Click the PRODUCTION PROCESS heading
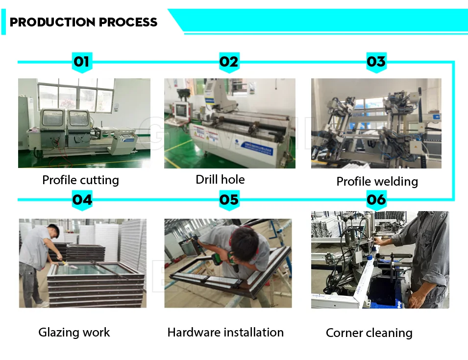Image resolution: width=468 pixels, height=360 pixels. [x=83, y=22]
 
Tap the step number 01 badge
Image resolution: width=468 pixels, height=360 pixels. [x=82, y=62]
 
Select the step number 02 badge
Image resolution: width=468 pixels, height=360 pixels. [x=228, y=62]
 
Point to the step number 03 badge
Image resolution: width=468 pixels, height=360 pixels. [x=376, y=62]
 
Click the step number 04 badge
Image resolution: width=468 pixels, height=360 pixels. [x=82, y=200]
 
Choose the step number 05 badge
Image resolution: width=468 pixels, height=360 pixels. [x=228, y=200]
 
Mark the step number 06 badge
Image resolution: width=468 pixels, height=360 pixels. [x=376, y=200]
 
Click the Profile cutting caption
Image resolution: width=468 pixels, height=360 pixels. [x=80, y=180]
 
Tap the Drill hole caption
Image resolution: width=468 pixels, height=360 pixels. [x=220, y=179]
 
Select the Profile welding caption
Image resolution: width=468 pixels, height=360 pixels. [x=377, y=182]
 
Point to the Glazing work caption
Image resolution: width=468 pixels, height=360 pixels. [x=74, y=333]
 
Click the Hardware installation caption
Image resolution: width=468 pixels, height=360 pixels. [x=225, y=333]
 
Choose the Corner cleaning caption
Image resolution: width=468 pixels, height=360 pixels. [x=369, y=333]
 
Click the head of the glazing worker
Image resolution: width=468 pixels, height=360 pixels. [x=53, y=231]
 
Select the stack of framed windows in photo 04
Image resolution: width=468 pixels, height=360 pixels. [x=96, y=282]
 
